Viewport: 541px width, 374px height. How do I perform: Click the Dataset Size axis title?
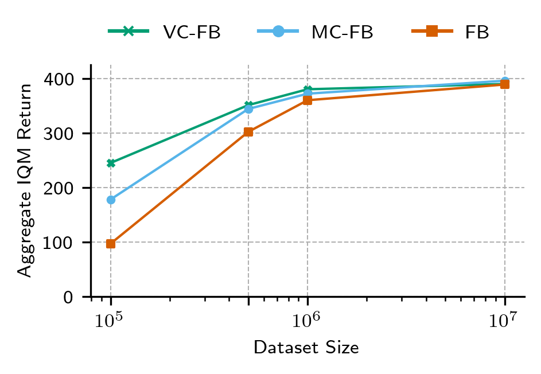click(306, 348)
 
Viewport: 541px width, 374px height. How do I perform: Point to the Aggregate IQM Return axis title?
click(25, 181)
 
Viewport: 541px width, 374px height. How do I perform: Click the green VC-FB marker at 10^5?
click(111, 163)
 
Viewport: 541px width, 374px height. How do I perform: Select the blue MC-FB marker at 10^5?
click(111, 200)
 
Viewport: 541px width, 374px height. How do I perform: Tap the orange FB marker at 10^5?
click(111, 244)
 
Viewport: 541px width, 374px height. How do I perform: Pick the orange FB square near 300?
click(248, 132)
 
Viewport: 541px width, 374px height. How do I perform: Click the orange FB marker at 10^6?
click(308, 100)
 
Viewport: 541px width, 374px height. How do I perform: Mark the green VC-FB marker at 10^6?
click(308, 89)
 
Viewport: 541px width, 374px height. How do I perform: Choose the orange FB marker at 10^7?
click(505, 84)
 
